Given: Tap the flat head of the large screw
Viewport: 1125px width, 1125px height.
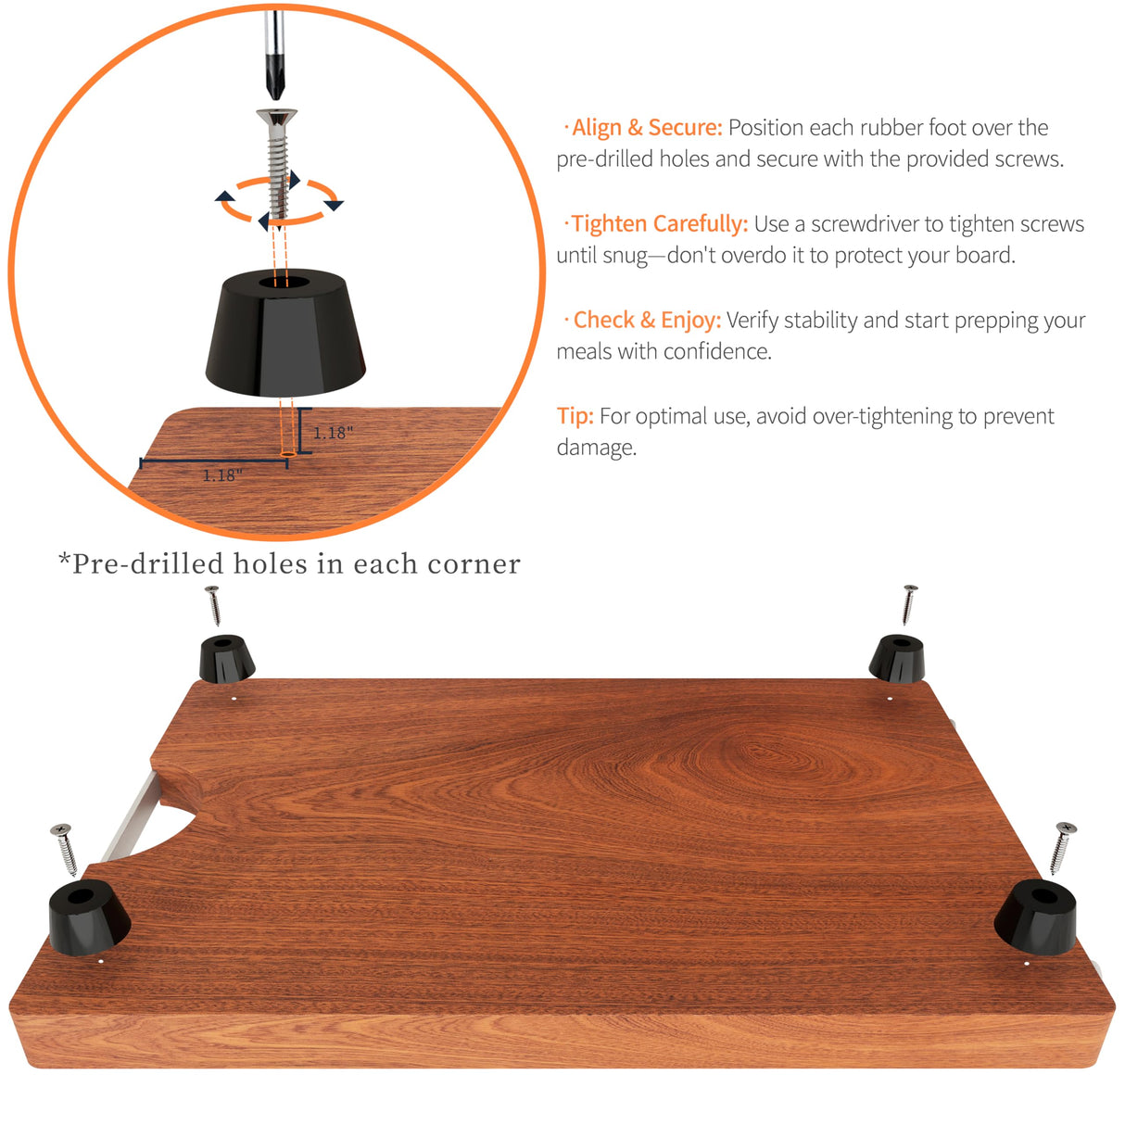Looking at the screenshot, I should click(276, 118).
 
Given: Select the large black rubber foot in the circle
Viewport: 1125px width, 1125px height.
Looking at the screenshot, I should click(285, 329).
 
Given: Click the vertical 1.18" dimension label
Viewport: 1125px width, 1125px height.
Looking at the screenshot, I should click(333, 433).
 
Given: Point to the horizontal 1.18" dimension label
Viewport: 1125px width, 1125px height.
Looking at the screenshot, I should click(222, 475).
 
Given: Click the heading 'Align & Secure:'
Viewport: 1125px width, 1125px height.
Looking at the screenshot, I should click(646, 128).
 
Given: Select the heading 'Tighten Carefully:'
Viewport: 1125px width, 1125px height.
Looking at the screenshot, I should click(659, 224).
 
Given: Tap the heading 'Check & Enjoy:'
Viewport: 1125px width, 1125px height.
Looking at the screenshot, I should click(646, 321).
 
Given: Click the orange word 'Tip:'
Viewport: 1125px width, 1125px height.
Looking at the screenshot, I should click(575, 416).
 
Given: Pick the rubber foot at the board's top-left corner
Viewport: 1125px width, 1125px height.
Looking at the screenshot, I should click(227, 658).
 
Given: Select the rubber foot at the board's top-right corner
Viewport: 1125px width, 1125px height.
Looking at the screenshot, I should click(897, 658).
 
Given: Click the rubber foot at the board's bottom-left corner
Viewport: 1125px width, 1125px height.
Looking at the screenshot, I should click(88, 916).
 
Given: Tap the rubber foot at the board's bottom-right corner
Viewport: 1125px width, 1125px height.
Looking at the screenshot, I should click(1036, 915).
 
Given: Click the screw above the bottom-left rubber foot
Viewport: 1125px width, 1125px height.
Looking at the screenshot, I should click(66, 849).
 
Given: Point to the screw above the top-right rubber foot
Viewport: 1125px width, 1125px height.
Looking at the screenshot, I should click(908, 604).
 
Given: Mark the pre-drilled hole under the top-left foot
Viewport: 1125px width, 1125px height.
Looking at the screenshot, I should click(234, 699).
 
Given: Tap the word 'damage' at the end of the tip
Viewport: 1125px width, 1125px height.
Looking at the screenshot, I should click(594, 449).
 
